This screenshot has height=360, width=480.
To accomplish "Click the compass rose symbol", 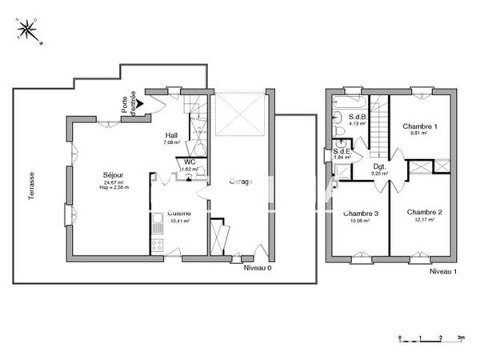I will pos(30,30).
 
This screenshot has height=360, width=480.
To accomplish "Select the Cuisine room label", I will pos(178,213).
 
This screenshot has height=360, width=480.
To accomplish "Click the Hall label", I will pos(171,135).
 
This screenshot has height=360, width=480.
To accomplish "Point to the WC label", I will pos(189,162).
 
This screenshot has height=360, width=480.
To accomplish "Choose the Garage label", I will pos(241,182).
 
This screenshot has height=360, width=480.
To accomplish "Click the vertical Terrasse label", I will pos(32,186).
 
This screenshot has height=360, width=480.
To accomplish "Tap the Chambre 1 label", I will pos(420,126).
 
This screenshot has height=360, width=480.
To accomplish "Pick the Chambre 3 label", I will pos(361,214).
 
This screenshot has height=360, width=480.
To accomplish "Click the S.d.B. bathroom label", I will pos(356,117).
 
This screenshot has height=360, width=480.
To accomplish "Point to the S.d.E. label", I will pos(343,150).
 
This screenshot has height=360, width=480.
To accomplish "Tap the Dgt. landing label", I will pos(380,166).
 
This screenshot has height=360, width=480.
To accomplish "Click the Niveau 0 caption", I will pos(258,268).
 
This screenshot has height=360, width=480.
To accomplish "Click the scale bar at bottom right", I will pos(431,338).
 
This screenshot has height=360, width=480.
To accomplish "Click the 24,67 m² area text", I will pos(114,182).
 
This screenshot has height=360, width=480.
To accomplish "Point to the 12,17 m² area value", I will pos(424,220).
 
